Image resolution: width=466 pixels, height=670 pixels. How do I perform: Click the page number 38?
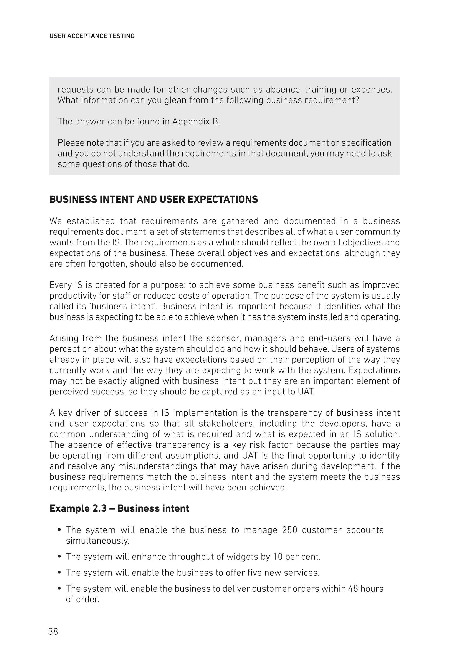pyautogui.click(x=53, y=632)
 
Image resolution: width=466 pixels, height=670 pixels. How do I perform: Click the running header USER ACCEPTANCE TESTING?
pyautogui.click(x=92, y=36)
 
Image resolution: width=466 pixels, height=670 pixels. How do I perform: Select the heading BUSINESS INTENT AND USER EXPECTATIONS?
pyautogui.click(x=154, y=199)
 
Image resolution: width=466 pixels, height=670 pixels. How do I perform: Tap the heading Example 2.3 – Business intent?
pyautogui.click(x=119, y=508)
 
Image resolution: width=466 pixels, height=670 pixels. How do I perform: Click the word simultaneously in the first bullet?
pyautogui.click(x=97, y=541)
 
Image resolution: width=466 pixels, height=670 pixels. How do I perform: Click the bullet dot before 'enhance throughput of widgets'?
pyautogui.click(x=59, y=557)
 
